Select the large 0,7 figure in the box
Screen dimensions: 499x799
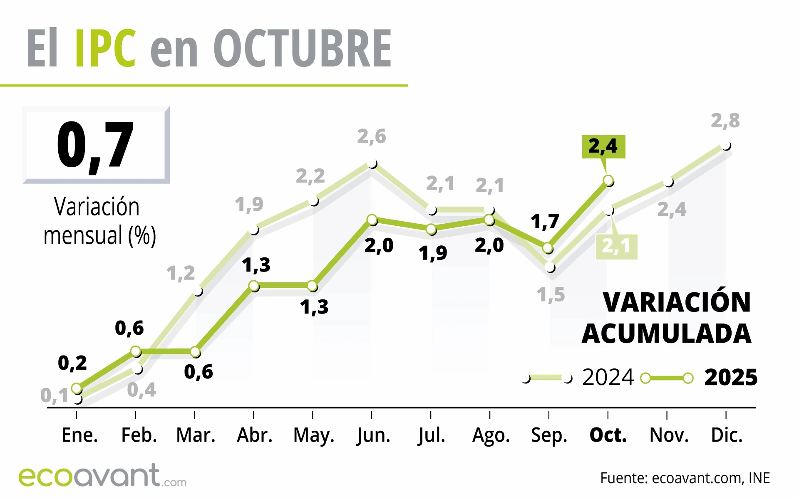click(95, 145)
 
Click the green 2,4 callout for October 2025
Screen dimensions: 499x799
click(603, 146)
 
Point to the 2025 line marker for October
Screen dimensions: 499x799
click(608, 180)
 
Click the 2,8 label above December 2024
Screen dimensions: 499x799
click(725, 121)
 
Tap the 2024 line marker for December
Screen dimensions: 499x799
click(726, 146)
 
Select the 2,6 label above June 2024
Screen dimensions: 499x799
click(371, 136)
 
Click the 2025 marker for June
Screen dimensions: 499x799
click(372, 220)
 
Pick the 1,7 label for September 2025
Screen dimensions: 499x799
click(544, 222)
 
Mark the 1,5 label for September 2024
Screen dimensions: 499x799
click(551, 295)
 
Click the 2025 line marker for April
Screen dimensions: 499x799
click(254, 286)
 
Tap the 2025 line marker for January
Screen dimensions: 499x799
click(77, 388)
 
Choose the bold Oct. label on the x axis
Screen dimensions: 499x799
click(608, 435)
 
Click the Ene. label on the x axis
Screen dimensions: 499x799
click(79, 435)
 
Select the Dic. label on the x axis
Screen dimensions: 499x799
click(727, 435)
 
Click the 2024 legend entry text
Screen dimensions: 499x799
click(608, 378)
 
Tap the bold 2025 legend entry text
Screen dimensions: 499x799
click(731, 378)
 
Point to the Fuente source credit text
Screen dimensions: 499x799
click(685, 478)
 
